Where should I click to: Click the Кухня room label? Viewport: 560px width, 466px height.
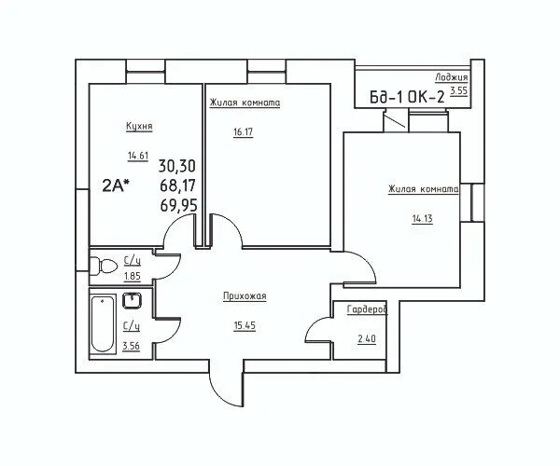[139, 126]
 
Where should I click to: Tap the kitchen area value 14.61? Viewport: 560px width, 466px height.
[138, 156]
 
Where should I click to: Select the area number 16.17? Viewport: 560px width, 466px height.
[243, 132]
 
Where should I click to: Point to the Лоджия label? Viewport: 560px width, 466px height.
[452, 77]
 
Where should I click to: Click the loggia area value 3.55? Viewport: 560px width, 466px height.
[458, 90]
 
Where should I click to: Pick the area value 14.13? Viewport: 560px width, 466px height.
[423, 219]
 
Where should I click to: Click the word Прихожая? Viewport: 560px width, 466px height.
[245, 296]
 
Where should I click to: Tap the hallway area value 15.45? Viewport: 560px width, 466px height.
[245, 325]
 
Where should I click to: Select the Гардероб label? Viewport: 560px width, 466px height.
[367, 309]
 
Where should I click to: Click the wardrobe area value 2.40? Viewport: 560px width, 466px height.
[367, 338]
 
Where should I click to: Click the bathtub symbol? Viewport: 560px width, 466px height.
[103, 324]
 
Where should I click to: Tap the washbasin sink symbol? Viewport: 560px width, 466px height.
[133, 300]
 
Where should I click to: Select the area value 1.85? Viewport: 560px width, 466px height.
[133, 276]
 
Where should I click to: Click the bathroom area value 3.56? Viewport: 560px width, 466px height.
[131, 346]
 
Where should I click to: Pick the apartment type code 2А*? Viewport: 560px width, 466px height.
[116, 185]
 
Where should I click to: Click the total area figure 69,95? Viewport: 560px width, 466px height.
[178, 205]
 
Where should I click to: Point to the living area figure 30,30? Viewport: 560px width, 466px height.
[177, 166]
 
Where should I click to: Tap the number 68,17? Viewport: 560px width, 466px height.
[178, 185]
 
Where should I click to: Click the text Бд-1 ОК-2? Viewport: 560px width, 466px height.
[407, 97]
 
